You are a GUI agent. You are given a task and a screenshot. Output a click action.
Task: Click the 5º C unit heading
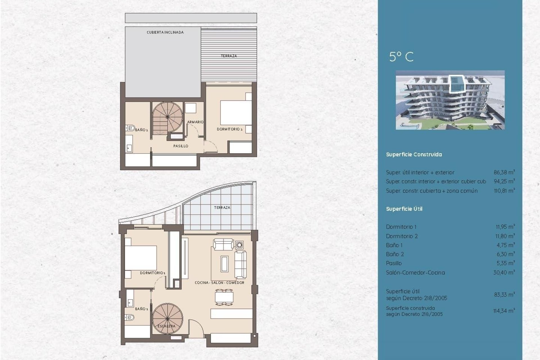click(x=401, y=57)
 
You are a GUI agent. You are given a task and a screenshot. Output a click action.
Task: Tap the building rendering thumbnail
click(x=450, y=100)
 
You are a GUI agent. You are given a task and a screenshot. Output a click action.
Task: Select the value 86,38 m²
click(x=504, y=172)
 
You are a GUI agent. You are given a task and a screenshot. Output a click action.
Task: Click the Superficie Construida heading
click(x=414, y=154)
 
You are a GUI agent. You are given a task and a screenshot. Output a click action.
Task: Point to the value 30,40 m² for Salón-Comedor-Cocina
click(x=504, y=272)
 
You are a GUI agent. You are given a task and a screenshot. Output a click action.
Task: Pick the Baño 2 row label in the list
click(x=395, y=254)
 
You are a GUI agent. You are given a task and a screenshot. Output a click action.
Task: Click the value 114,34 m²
click(x=504, y=311)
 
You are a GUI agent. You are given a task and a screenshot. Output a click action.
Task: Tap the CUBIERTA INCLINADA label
click(x=165, y=32)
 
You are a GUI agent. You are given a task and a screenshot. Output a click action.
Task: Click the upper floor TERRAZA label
click(x=229, y=56)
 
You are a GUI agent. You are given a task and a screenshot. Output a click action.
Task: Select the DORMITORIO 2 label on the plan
click(x=229, y=129)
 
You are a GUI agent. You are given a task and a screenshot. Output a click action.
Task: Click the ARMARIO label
click(x=195, y=122)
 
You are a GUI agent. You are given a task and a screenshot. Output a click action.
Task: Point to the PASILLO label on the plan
click(x=181, y=146)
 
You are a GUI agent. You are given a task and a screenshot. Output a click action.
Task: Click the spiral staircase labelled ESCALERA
click(x=167, y=318)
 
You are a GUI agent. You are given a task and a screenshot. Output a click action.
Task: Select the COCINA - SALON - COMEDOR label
click(x=219, y=283)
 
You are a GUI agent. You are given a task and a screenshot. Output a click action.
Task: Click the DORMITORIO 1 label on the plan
click(x=152, y=273)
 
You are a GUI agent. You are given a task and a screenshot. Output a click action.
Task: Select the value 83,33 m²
click(x=504, y=294)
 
